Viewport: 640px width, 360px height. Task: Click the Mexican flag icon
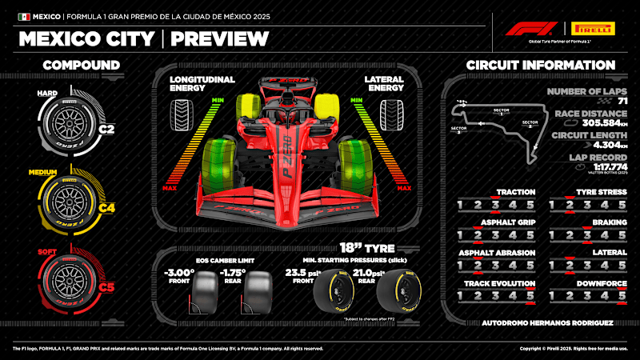(x=24, y=16)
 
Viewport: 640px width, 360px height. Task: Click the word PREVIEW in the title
(x=219, y=38)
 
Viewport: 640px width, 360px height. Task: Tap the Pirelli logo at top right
(x=592, y=29)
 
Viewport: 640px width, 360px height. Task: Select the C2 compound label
(x=106, y=126)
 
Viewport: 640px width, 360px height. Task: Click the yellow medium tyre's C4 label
(x=107, y=208)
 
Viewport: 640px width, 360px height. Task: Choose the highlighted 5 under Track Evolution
(x=530, y=297)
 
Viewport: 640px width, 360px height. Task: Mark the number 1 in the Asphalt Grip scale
(x=459, y=236)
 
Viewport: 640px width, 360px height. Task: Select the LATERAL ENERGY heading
(x=383, y=85)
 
